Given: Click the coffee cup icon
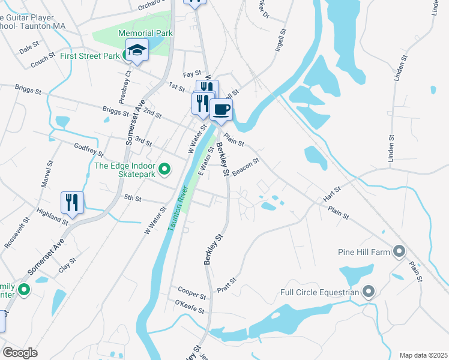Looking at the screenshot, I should pyautogui.click(x=221, y=110).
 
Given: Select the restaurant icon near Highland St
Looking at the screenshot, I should pyautogui.click(x=72, y=203).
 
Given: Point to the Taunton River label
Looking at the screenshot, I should pyautogui.click(x=178, y=209).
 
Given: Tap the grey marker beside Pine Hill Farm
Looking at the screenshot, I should pyautogui.click(x=399, y=251).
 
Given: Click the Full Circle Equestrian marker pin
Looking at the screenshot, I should pyautogui.click(x=369, y=293).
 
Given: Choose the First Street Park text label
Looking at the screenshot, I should pyautogui.click(x=90, y=56).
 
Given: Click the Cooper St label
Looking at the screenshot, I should pyautogui.click(x=191, y=296).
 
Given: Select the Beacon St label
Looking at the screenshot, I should pyautogui.click(x=246, y=166).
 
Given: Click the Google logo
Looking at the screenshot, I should pyautogui.click(x=20, y=352).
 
